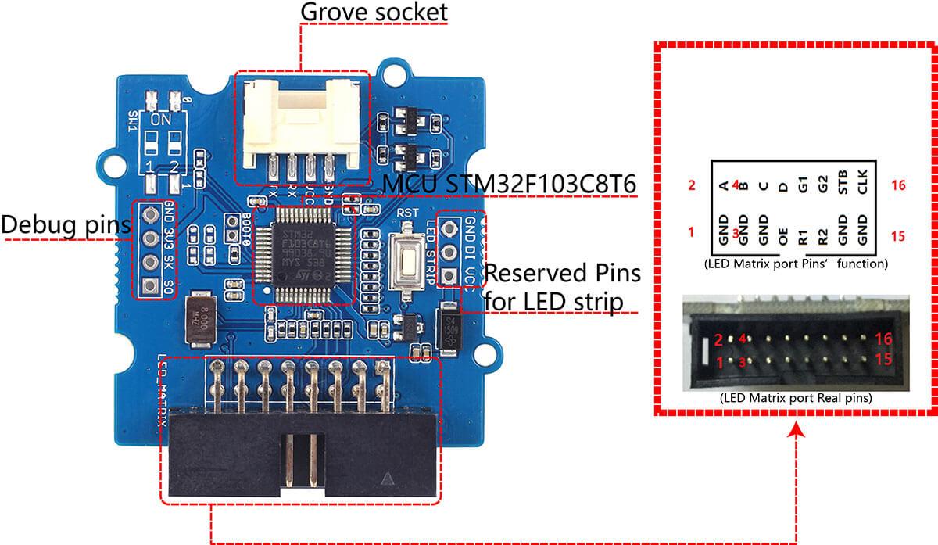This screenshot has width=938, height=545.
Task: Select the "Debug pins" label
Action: (65, 224)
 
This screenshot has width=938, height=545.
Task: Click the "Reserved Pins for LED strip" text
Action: (562, 286)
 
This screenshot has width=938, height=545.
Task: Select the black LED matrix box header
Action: (301, 454)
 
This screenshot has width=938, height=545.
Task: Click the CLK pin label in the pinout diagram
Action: (862, 186)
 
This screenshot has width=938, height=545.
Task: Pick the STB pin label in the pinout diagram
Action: (842, 186)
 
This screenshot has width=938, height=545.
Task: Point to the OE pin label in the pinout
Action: (782, 235)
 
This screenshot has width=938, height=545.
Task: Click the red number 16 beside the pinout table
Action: (897, 185)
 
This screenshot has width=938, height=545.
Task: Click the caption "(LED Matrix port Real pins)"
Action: (796, 398)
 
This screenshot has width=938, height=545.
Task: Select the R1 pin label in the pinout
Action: (802, 235)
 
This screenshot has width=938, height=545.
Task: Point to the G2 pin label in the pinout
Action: (822, 186)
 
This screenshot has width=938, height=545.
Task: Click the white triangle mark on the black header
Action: (389, 478)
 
